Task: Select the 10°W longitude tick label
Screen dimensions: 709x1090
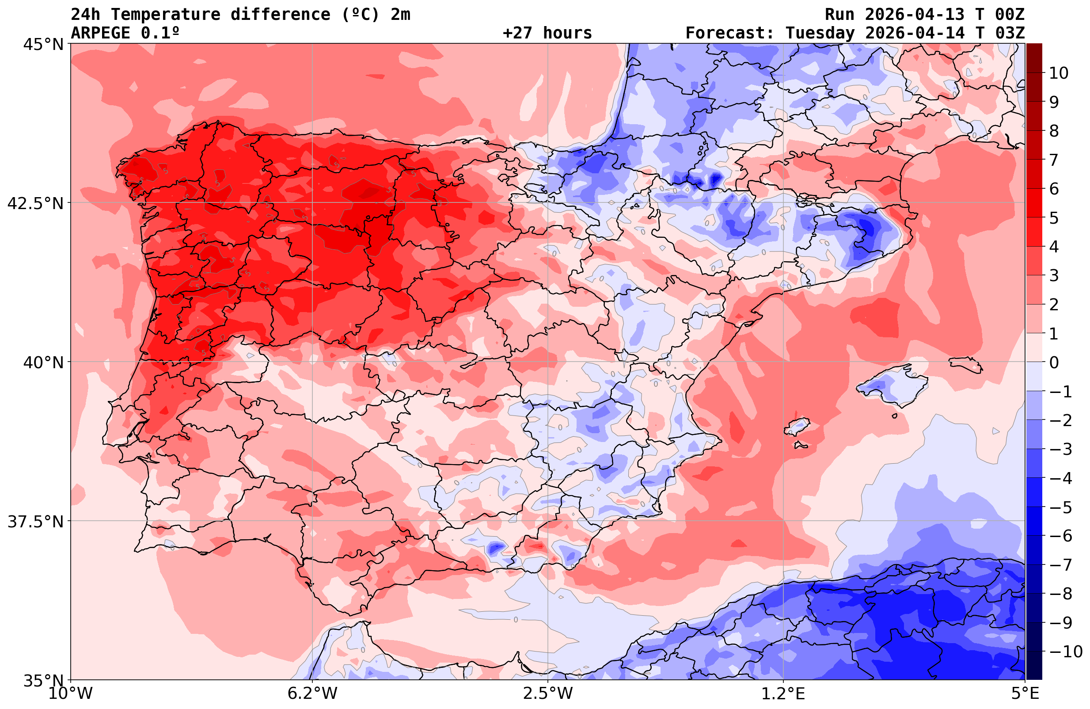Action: [71, 694]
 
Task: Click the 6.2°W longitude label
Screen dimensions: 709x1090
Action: [312, 694]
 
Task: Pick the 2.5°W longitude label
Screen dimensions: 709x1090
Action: [548, 694]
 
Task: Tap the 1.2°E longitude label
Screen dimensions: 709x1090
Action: [783, 694]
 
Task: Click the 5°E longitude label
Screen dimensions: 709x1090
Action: [1025, 694]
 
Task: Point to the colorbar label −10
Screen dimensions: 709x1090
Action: [1065, 651]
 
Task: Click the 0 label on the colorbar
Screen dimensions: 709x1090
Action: [1054, 362]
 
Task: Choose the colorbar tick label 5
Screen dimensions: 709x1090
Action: [1054, 218]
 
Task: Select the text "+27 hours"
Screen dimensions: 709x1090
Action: [547, 33]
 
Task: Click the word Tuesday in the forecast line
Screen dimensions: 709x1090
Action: [820, 33]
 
